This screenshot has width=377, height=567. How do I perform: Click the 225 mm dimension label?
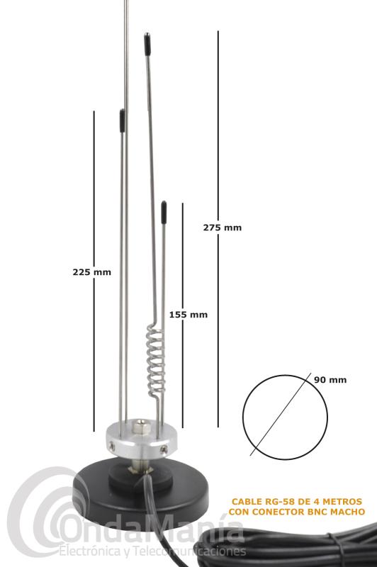92,272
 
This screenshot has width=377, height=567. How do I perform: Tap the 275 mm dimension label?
223,228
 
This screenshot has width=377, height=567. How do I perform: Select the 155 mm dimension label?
188,315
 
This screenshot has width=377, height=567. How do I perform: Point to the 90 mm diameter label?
330,380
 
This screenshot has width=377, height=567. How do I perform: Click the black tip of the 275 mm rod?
147,44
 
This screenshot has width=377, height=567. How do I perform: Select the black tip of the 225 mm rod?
123,120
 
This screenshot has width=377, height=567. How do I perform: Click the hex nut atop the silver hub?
139,426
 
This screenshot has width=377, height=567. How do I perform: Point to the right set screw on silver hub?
164,449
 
